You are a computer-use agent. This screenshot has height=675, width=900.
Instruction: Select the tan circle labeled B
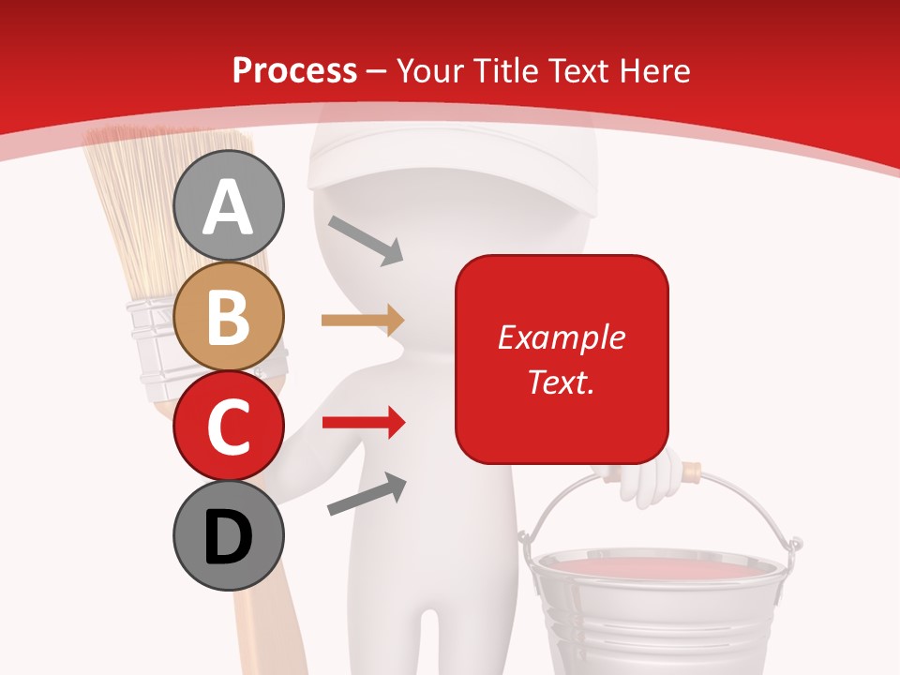pos(229,316)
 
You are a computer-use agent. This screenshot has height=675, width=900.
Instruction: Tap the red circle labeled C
pos(229,426)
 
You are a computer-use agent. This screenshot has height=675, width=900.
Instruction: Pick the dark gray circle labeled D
pos(229,535)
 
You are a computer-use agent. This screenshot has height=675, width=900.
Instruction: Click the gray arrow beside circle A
pos(366,240)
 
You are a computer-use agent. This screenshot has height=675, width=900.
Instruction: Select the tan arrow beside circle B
pos(362,321)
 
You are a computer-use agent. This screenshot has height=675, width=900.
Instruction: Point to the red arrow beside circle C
pos(363,423)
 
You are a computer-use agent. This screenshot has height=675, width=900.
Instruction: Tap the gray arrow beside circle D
pos(367,494)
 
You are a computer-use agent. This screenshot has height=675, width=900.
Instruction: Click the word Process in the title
pos(294,70)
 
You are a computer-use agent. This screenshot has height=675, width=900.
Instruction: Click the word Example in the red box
pos(561,337)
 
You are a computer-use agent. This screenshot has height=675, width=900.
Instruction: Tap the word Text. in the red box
pos(561,382)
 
